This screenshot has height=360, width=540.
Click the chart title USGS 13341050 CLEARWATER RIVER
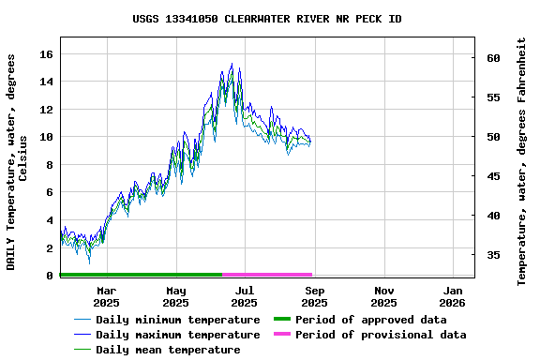coord(267,19)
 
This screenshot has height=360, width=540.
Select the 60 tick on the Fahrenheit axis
coord(493,58)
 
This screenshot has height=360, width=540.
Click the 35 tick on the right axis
coord(493,255)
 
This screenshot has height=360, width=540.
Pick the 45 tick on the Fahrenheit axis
coord(493,176)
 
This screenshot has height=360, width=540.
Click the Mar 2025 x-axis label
coord(106,296)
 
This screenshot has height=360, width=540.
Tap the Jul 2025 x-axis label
coord(244,296)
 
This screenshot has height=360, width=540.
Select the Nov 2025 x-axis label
coord(383,296)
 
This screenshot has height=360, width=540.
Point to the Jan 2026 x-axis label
coord(452,296)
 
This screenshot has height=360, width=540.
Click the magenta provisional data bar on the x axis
coord(267,275)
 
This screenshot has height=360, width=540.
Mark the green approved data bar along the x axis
coord(141,275)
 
